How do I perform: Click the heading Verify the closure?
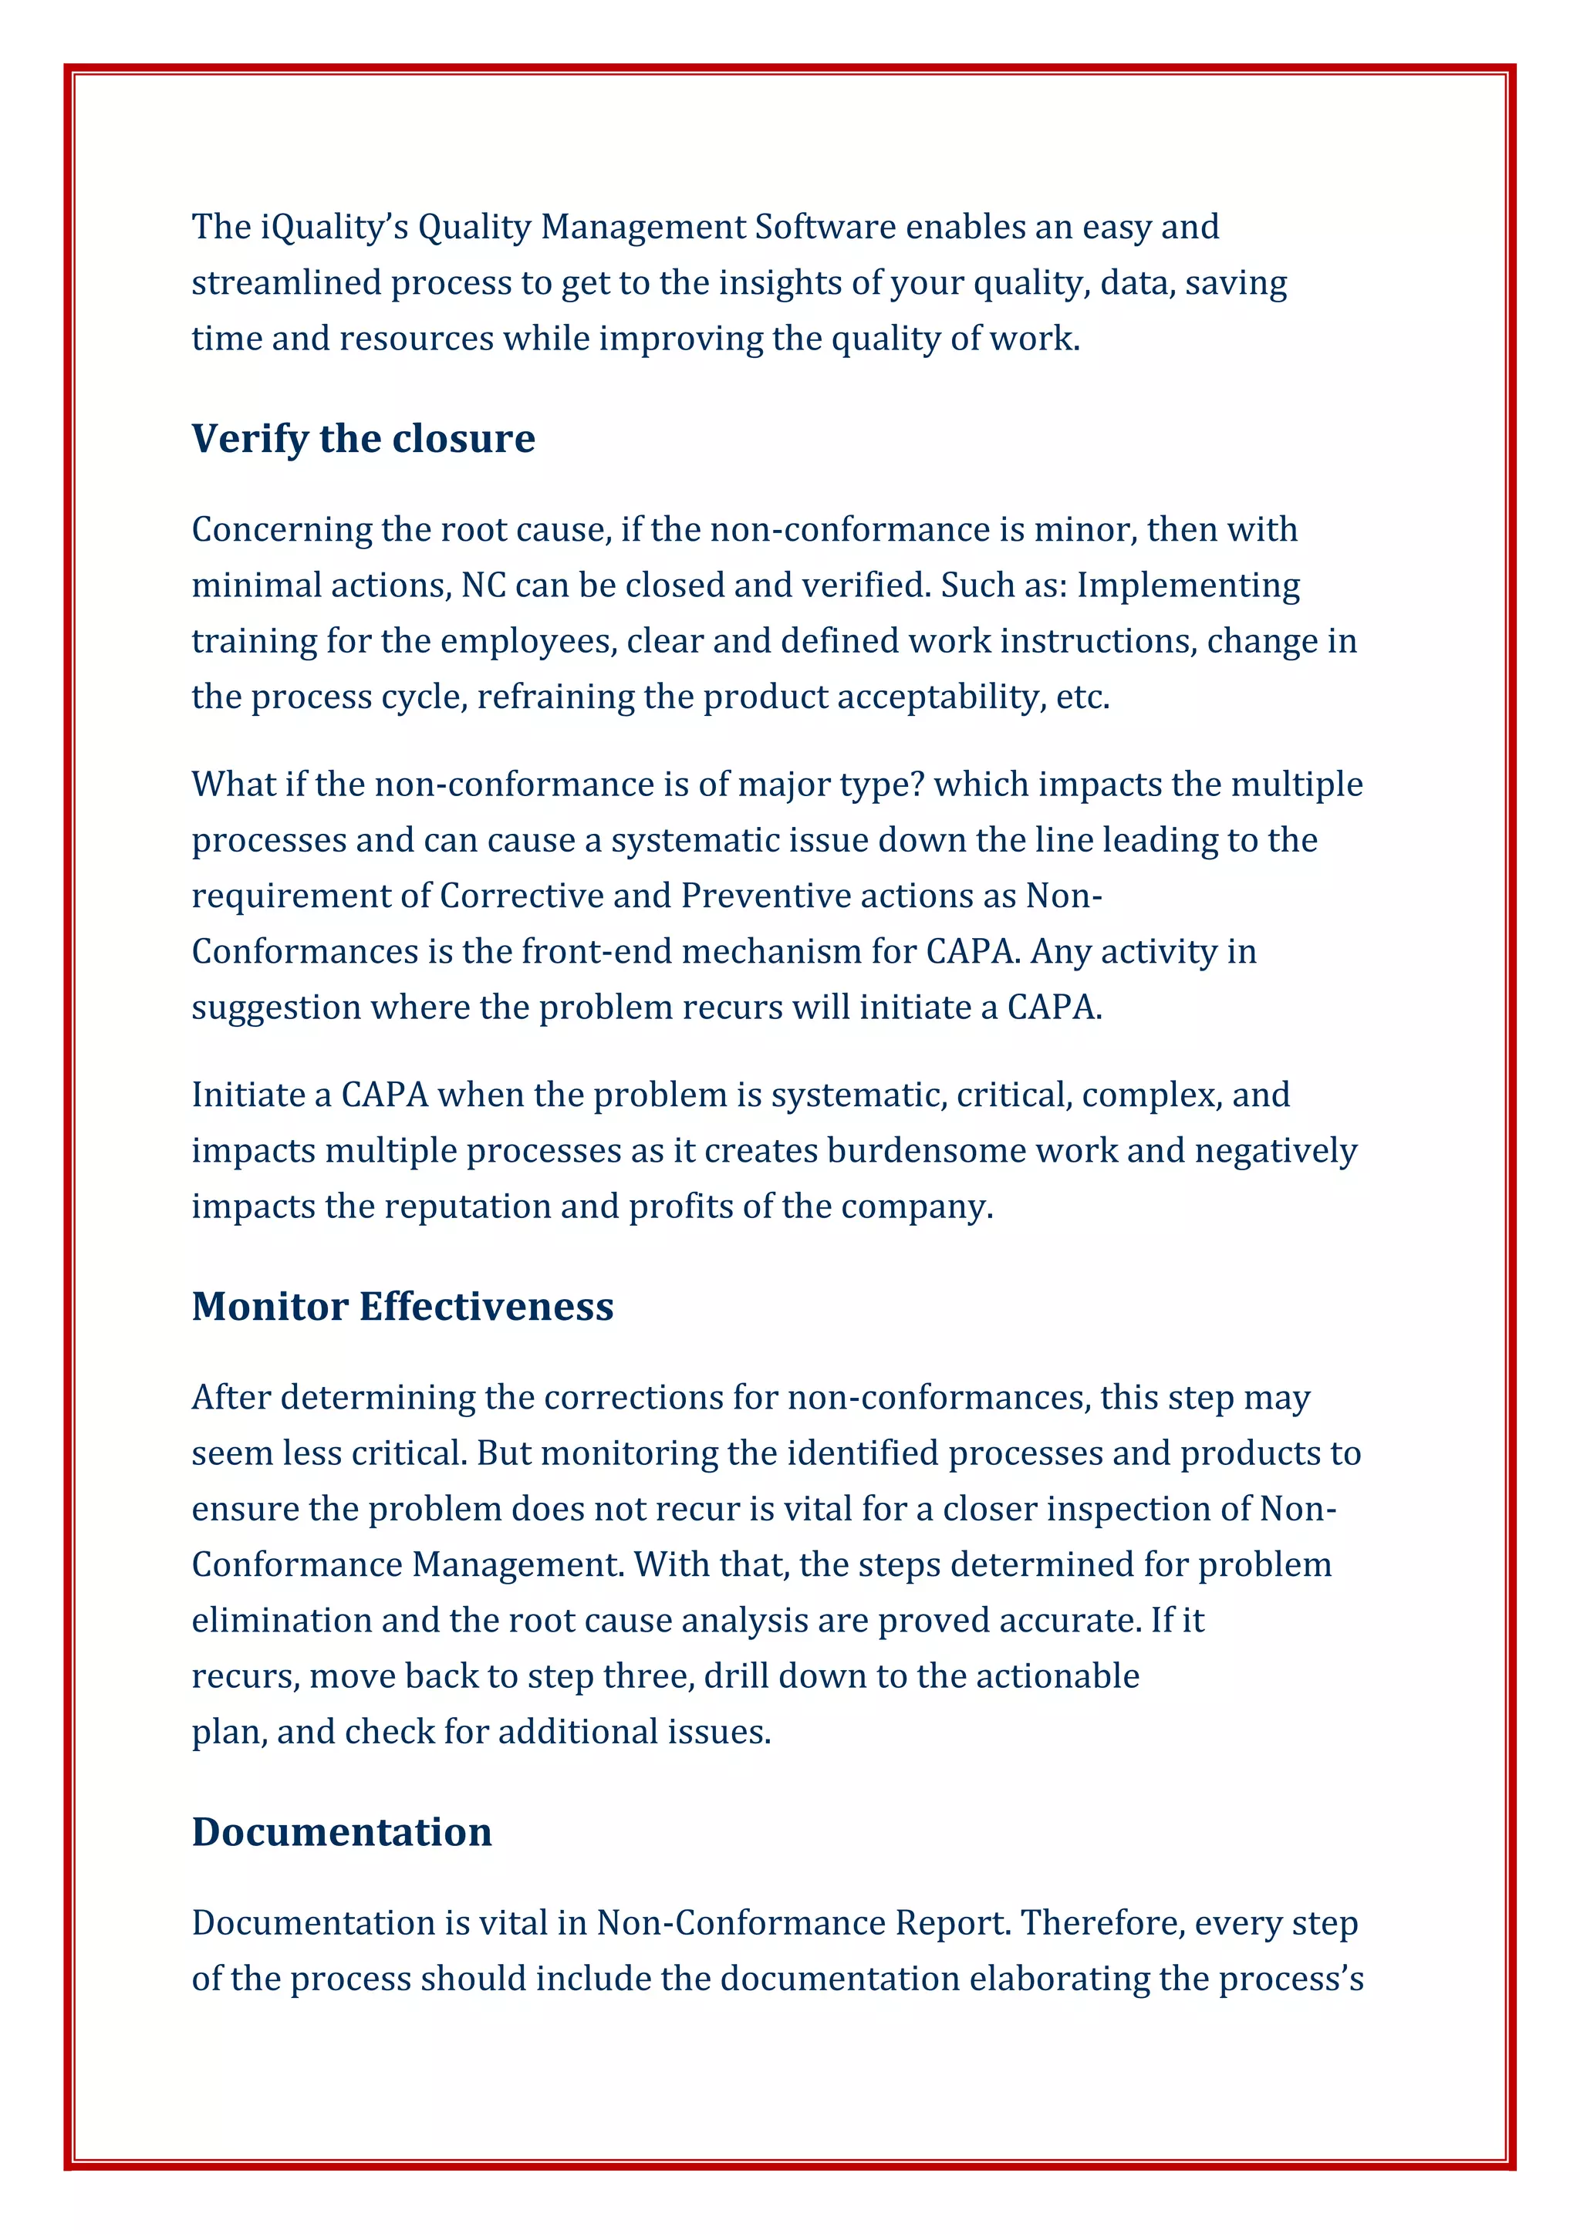363,439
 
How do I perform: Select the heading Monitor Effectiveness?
402,1306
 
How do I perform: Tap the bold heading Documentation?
342,1831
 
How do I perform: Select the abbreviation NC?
482,585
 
